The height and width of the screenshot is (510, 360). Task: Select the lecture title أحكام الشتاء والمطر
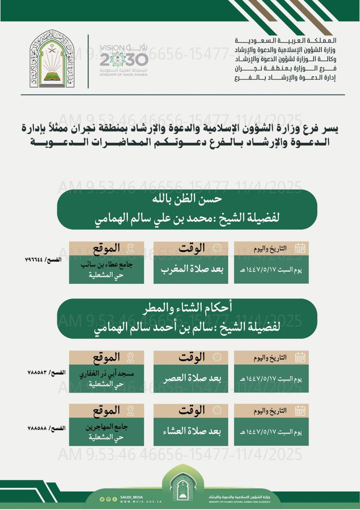pyautogui.click(x=187, y=308)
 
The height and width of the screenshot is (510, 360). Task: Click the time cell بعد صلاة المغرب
pyautogui.click(x=191, y=269)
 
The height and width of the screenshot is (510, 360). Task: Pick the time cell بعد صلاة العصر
pyautogui.click(x=191, y=378)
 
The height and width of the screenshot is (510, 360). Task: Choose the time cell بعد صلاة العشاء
pyautogui.click(x=191, y=432)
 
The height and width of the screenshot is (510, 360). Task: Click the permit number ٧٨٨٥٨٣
pyautogui.click(x=37, y=372)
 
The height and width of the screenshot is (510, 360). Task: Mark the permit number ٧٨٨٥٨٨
pyautogui.click(x=37, y=428)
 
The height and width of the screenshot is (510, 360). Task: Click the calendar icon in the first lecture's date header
pyautogui.click(x=300, y=249)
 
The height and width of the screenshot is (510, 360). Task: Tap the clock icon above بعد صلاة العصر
pyautogui.click(x=216, y=357)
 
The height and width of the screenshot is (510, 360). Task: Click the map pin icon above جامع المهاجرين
pyautogui.click(x=130, y=410)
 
